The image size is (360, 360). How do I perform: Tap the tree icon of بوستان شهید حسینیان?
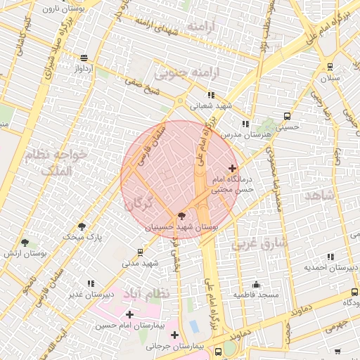click(182, 217)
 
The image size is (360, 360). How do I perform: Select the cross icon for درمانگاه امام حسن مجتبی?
click(233, 168)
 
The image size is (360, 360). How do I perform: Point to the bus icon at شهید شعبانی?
click(210, 95)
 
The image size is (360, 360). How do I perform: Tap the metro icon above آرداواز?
click(84, 58)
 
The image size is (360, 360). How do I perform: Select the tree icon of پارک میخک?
click(82, 227)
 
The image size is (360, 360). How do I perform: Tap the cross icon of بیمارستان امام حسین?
click(129, 314)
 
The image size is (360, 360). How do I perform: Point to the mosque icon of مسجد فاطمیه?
click(256, 285)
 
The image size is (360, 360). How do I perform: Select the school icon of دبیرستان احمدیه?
click(330, 257)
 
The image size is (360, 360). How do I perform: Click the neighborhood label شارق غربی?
click(259, 243)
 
